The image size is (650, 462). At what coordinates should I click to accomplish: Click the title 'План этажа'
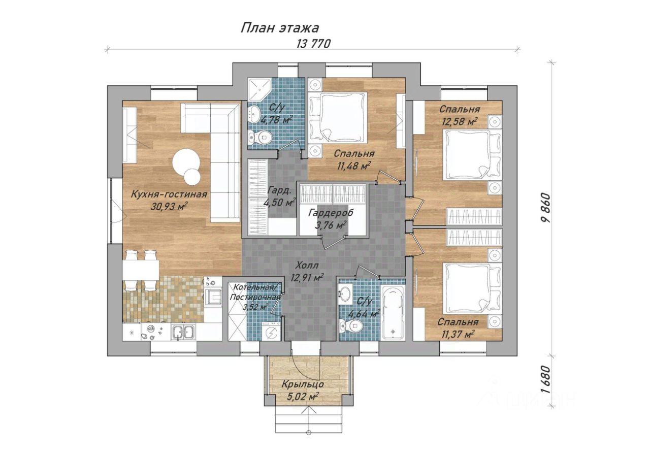280,28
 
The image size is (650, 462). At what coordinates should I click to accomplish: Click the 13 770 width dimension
313,44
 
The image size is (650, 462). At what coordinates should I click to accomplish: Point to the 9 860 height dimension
546,208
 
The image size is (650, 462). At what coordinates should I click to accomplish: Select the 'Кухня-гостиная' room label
169,194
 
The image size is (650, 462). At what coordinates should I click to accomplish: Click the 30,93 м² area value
169,206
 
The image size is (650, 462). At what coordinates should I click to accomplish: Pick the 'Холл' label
307,265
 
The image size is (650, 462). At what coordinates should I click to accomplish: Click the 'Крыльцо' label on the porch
302,384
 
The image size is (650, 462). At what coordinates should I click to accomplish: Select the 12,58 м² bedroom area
460,121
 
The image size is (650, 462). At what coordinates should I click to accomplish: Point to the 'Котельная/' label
255,287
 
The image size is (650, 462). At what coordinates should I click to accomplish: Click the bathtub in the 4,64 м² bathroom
393,312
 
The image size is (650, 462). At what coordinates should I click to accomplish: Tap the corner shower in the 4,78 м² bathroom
258,89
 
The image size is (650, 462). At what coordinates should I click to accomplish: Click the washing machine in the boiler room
271,331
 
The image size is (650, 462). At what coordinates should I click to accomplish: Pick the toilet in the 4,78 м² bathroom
259,137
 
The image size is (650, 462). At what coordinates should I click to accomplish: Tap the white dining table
141,270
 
